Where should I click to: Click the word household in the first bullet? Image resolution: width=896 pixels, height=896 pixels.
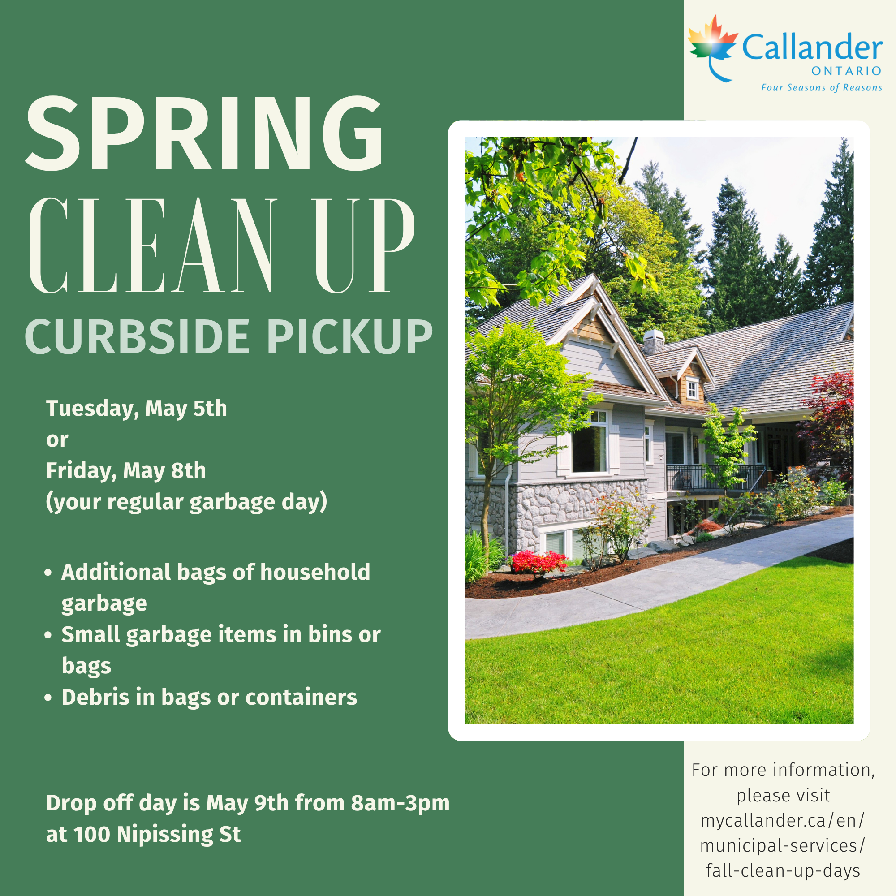click(315, 572)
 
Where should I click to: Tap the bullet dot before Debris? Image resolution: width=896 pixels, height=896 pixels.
click(48, 698)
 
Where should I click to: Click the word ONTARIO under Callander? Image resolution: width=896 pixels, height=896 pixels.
click(846, 71)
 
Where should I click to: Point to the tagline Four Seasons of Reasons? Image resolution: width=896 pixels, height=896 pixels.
click(821, 88)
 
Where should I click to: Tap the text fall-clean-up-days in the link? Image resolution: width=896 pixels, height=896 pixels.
click(783, 871)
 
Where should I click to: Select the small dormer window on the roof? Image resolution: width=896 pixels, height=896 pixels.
click(692, 388)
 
